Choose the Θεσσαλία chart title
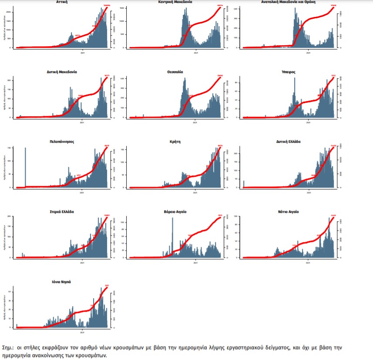click(x=175, y=71)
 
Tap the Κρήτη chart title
click(x=175, y=141)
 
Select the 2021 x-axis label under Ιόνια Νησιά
click(x=82, y=333)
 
